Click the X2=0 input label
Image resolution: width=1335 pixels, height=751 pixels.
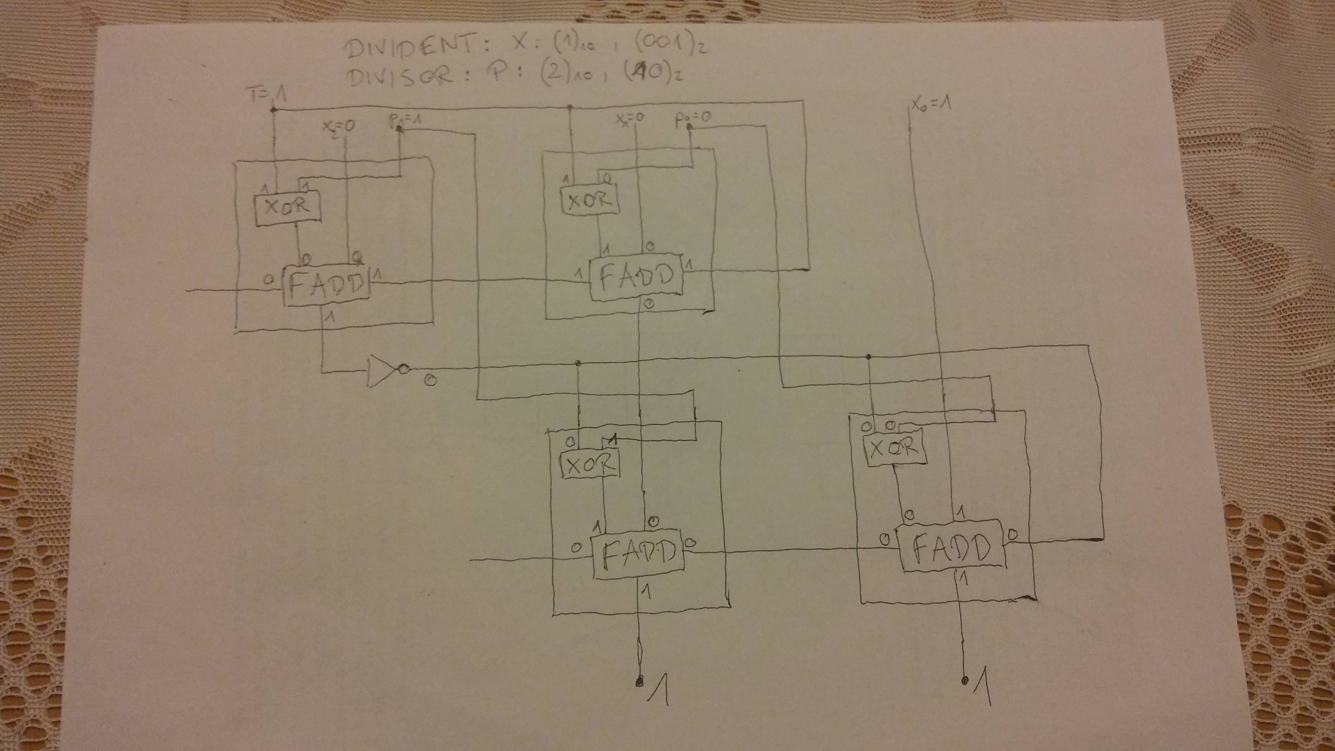click(338, 126)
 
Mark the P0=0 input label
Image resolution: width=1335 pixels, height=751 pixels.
click(693, 119)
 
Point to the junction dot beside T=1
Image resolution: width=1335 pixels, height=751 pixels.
click(273, 110)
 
